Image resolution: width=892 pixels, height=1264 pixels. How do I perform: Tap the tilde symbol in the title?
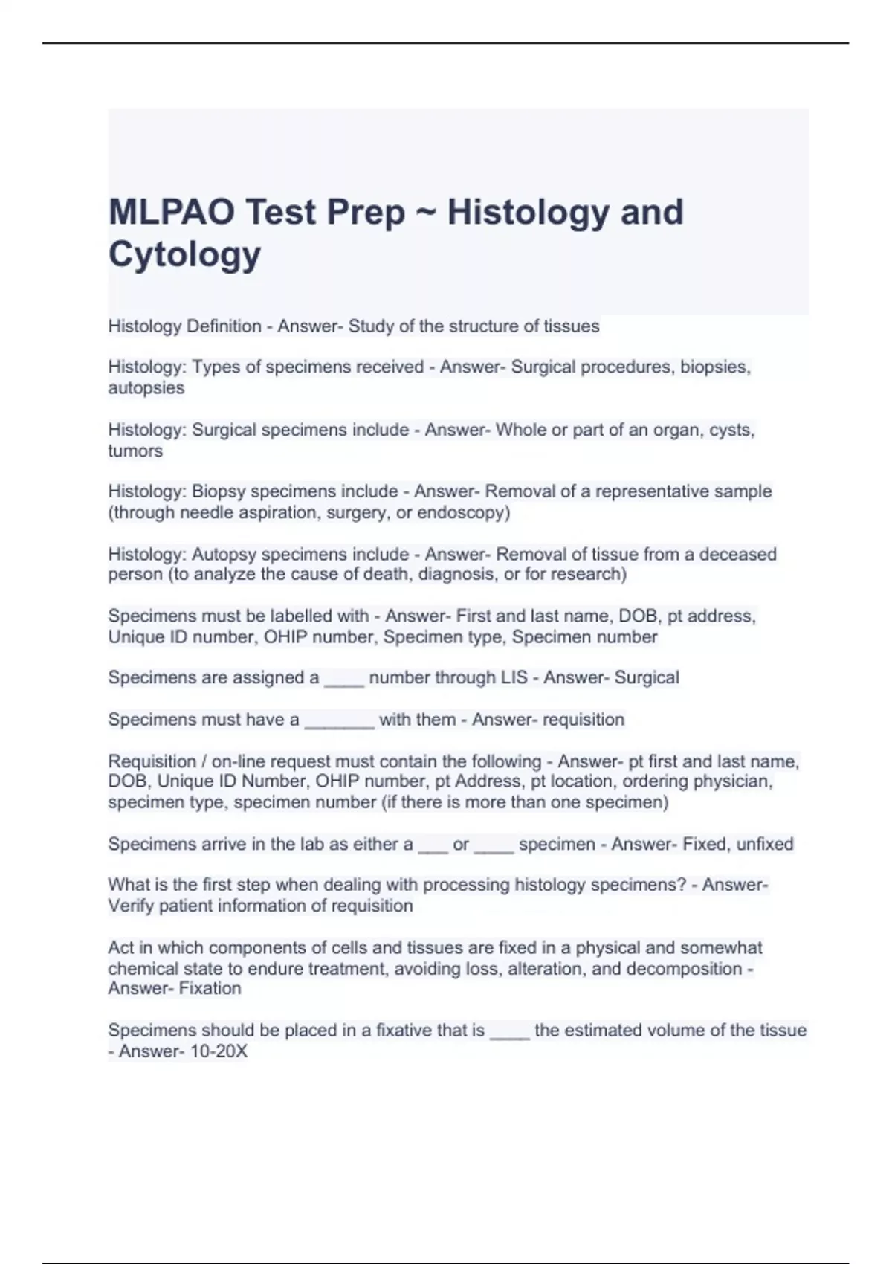[426, 212]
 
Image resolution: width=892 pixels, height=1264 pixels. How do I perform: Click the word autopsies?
[146, 388]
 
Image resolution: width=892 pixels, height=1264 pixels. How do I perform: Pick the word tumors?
[135, 451]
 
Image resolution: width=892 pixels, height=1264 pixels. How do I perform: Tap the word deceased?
[737, 554]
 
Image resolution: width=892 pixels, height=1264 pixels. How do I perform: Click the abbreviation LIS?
[512, 677]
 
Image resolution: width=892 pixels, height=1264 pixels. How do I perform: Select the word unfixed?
[765, 844]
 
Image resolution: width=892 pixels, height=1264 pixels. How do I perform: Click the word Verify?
[131, 906]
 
